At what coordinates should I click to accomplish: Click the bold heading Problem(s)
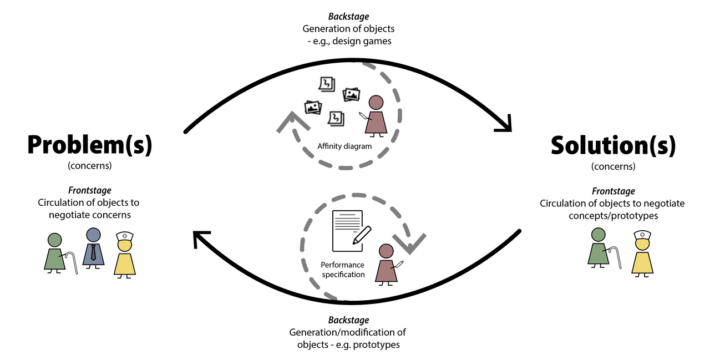click(x=89, y=145)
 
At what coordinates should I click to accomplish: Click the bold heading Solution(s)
click(x=613, y=145)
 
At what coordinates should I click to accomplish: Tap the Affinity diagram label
click(x=344, y=146)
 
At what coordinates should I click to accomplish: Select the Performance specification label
click(x=343, y=270)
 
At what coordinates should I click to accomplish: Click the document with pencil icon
click(x=348, y=230)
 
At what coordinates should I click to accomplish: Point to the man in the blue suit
click(x=93, y=247)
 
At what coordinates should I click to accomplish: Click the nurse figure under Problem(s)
click(x=125, y=255)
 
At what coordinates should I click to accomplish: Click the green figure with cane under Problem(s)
click(x=55, y=253)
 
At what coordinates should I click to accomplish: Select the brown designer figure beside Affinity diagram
click(x=376, y=116)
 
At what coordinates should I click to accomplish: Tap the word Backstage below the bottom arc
click(x=348, y=320)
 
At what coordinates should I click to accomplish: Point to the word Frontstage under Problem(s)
click(x=90, y=191)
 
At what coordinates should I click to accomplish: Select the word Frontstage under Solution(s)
click(x=613, y=191)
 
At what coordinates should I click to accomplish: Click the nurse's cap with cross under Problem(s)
click(x=125, y=236)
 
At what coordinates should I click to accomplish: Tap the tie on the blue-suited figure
click(x=93, y=252)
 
